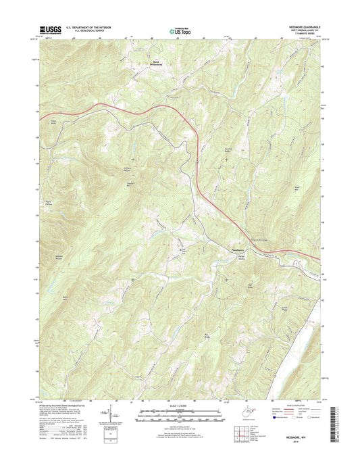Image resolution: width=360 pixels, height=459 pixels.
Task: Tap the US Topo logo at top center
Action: coord(179,30)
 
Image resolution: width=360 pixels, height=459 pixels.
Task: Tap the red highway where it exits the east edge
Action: coord(317,259)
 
